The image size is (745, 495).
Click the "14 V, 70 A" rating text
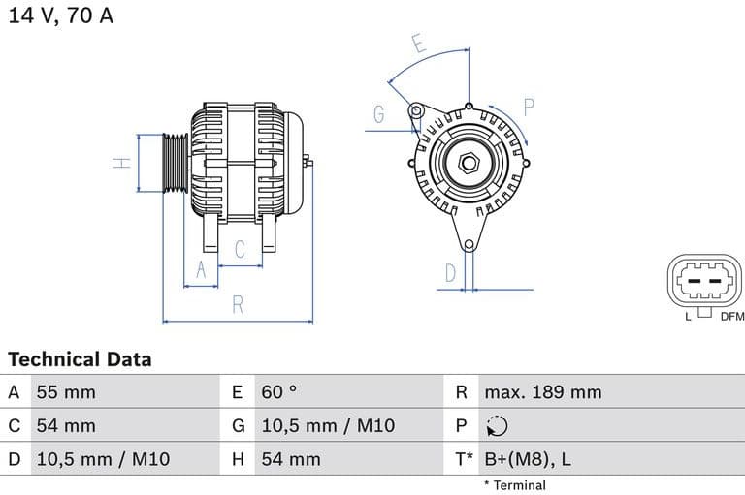(x=60, y=16)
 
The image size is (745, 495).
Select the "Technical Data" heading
(x=80, y=359)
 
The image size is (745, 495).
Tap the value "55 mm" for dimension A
(x=66, y=392)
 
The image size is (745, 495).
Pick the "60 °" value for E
(x=279, y=392)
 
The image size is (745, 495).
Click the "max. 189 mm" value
(x=543, y=392)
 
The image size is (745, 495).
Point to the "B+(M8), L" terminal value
(x=528, y=459)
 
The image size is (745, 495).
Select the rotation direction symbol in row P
(x=496, y=426)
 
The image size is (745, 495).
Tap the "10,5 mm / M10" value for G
(x=328, y=426)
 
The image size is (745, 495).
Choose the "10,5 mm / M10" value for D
(x=103, y=459)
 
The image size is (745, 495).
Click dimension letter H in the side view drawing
(x=122, y=163)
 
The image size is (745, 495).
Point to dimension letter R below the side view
(x=238, y=305)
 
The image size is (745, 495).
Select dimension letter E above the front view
(x=418, y=44)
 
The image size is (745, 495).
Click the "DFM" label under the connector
(x=731, y=316)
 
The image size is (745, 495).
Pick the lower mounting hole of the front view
(x=469, y=245)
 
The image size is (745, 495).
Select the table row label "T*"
(x=464, y=459)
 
